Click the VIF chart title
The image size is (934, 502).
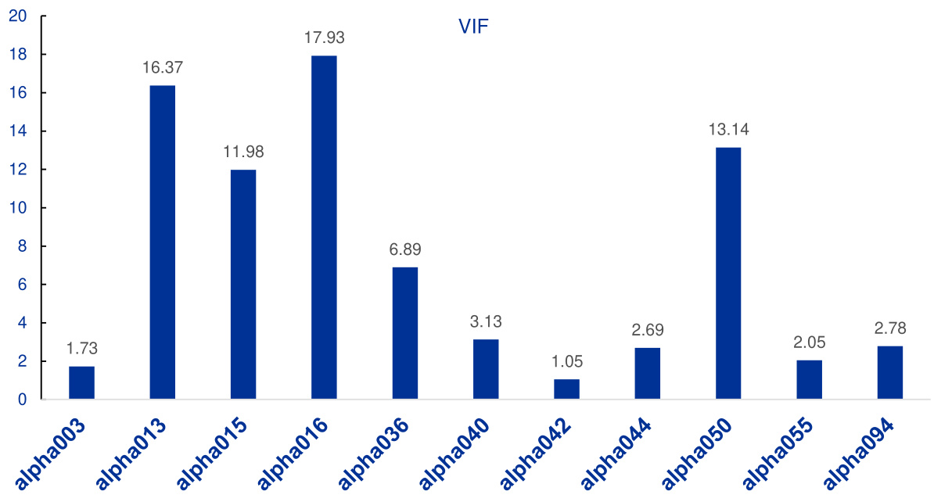473,26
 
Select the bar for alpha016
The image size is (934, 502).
324,228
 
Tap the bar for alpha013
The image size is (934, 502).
162,242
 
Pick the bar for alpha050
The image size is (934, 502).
728,273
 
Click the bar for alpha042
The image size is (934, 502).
566,389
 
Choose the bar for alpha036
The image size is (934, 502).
404,333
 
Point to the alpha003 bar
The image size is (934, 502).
81,383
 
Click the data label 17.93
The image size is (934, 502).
324,37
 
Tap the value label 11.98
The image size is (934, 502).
243,151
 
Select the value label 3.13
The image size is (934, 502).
486,321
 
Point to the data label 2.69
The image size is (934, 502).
648,329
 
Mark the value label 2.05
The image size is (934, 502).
809,342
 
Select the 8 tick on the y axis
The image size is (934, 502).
21,246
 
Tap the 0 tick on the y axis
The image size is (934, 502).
21,400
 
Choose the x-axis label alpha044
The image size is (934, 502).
616,455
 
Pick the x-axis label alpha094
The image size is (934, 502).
859,455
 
